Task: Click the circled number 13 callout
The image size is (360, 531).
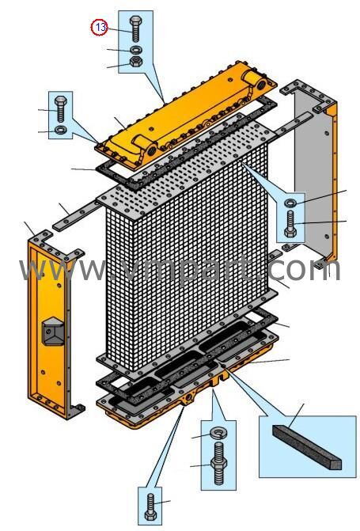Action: coord(99,27)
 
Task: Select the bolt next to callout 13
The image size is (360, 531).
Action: coord(135,28)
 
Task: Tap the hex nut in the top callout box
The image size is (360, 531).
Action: coord(136,62)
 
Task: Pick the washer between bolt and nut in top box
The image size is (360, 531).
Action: coord(136,49)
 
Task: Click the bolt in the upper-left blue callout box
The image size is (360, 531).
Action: coord(61,108)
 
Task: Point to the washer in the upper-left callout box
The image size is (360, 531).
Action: coord(61,130)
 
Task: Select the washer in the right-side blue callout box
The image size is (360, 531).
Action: coord(290,203)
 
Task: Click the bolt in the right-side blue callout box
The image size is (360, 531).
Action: coord(290,224)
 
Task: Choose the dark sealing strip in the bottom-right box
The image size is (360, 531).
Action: coord(306,447)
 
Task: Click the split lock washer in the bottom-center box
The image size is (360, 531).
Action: coord(218,432)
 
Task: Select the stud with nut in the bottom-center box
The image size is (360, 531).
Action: coord(219,463)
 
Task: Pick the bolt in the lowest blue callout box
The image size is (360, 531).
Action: coord(150,507)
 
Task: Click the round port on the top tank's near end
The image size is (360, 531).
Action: coord(151,150)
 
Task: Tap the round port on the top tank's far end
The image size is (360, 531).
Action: coord(262,84)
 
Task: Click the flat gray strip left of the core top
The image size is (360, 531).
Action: coord(77,217)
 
